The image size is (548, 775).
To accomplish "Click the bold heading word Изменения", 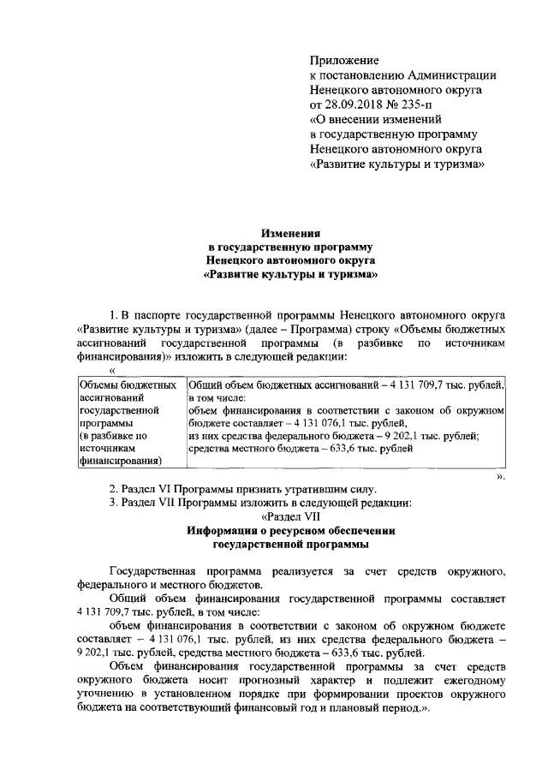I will click(x=290, y=231).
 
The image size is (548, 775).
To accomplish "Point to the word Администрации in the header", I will click(x=450, y=75).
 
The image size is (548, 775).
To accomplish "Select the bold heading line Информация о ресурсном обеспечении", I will click(x=290, y=531).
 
